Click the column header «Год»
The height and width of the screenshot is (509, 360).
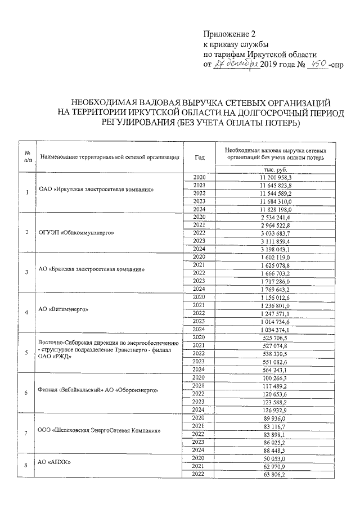[x=200, y=157]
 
